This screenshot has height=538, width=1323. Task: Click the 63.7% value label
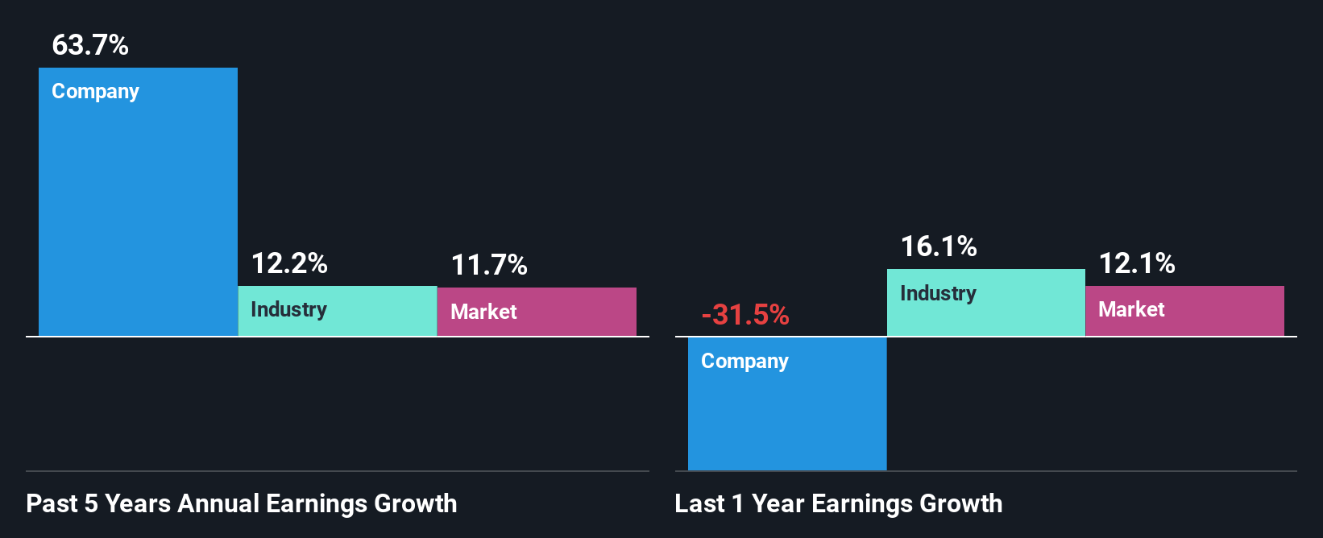pyautogui.click(x=90, y=45)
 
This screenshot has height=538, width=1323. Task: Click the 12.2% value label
pyautogui.click(x=289, y=263)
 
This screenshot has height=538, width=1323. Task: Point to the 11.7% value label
pyautogui.click(x=489, y=265)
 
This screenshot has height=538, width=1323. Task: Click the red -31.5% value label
pyautogui.click(x=745, y=315)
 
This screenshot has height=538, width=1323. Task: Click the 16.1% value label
pyautogui.click(x=939, y=246)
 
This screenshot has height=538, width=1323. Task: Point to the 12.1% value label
pyautogui.click(x=1137, y=263)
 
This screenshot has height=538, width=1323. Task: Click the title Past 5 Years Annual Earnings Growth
pyautogui.click(x=242, y=503)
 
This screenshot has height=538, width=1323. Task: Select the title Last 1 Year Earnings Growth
pyautogui.click(x=839, y=503)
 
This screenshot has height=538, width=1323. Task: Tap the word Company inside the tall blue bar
pyautogui.click(x=95, y=92)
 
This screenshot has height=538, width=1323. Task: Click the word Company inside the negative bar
pyautogui.click(x=744, y=362)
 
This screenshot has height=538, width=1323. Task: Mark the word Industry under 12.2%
pyautogui.click(x=288, y=310)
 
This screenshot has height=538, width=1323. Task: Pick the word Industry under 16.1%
pyautogui.click(x=938, y=294)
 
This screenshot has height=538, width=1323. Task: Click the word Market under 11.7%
pyautogui.click(x=483, y=312)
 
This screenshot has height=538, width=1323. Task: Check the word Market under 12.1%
pyautogui.click(x=1131, y=310)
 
